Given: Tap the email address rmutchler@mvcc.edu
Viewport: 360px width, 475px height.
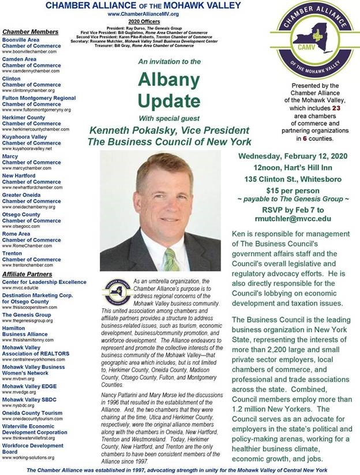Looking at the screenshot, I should pos(286,218).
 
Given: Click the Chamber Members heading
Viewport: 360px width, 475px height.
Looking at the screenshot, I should pos(30,31).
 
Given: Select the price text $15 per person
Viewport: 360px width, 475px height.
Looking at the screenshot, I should pos(286,189).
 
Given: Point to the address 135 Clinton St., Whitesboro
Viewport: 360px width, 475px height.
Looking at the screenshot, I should pos(286,177).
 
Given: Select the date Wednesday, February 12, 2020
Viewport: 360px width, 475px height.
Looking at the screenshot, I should pos(286,155).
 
